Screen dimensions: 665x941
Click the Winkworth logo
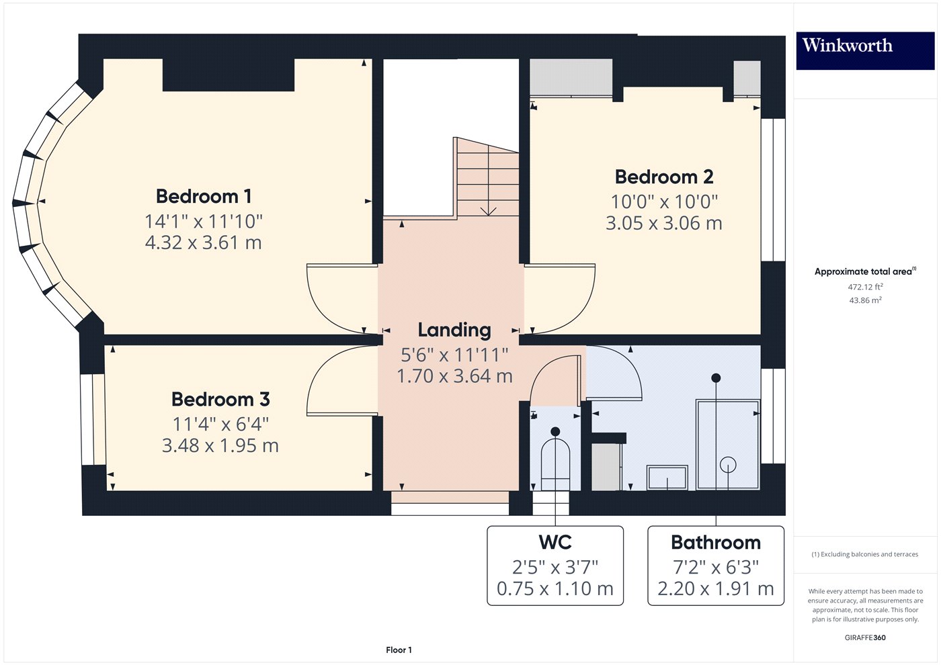coord(847,46)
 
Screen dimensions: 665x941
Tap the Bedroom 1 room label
coord(204,196)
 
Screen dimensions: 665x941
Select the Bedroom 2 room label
coord(663,177)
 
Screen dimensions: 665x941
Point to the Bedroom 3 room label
coord(220,399)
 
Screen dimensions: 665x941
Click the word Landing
coord(454,330)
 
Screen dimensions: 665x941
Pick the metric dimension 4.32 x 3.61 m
coord(204,242)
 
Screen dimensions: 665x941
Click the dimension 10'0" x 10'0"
coord(663,201)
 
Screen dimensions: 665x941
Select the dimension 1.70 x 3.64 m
coord(454,376)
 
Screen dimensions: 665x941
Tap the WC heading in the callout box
coord(555,542)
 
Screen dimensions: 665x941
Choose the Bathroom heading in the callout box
coord(715,542)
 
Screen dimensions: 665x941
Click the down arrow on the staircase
coord(488,210)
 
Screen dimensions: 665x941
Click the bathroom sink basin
coord(667,478)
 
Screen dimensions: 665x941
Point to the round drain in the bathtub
coord(728,464)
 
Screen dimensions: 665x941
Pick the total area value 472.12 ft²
coord(865,287)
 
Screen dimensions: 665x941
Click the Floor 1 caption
coord(399,650)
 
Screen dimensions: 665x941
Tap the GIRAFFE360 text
coord(865,637)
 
